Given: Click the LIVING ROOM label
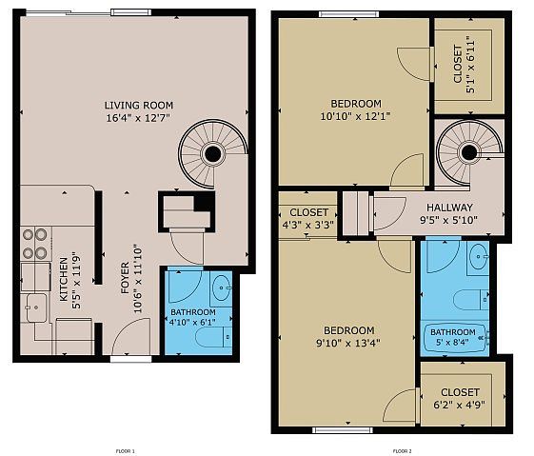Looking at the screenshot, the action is tap(139, 106).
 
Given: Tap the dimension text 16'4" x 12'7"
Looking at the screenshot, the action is tap(138, 118).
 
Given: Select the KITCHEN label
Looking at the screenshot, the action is tap(64, 280).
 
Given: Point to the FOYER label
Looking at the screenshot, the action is tap(125, 278).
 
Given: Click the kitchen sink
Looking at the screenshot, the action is tap(35, 307).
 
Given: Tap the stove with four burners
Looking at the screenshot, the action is tap(35, 244).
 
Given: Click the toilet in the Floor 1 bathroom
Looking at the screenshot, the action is tap(214, 337).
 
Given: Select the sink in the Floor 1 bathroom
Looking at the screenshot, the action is tap(221, 288).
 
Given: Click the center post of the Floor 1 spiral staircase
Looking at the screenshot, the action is tap(213, 154).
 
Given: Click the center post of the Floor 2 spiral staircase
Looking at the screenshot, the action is tap(469, 151).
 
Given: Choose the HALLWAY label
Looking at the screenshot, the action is tap(449, 208).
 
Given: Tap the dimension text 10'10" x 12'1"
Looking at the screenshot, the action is tap(355, 116).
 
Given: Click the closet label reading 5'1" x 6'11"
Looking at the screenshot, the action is tap(471, 65).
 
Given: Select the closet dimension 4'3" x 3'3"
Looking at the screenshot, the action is tap(308, 225).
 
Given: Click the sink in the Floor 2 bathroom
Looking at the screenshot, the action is tap(479, 256).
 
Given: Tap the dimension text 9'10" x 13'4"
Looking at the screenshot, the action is tap(348, 343).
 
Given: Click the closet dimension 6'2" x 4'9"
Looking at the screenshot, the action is tap(459, 406).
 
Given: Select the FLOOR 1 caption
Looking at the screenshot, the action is tap(126, 451).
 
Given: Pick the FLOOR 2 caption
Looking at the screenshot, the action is tap(403, 451).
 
